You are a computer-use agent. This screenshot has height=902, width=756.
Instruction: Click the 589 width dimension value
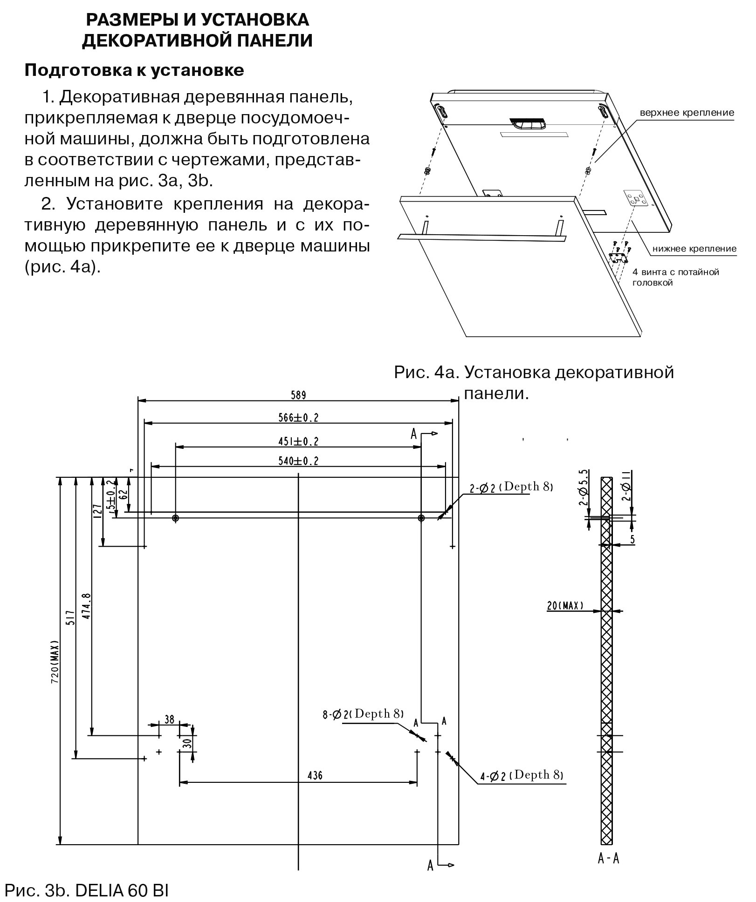click(298, 395)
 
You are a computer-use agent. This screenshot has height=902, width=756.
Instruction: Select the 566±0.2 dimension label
click(298, 418)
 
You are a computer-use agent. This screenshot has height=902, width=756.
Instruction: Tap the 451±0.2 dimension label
click(298, 441)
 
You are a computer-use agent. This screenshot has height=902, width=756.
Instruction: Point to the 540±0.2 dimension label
click(298, 461)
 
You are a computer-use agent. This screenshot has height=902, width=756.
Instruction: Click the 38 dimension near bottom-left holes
click(170, 719)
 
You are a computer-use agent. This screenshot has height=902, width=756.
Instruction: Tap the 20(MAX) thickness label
click(565, 606)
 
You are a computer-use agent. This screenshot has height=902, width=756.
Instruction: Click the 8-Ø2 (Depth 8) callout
click(363, 713)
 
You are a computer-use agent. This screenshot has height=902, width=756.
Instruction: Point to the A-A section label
click(608, 858)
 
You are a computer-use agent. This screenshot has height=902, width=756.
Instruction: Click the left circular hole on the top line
click(176, 518)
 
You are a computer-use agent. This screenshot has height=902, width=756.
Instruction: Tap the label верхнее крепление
click(687, 113)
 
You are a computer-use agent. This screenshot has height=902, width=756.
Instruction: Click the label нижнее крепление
click(694, 249)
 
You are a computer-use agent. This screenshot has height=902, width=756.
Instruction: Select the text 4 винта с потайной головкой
click(675, 277)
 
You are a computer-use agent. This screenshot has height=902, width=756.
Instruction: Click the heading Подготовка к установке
click(134, 70)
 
